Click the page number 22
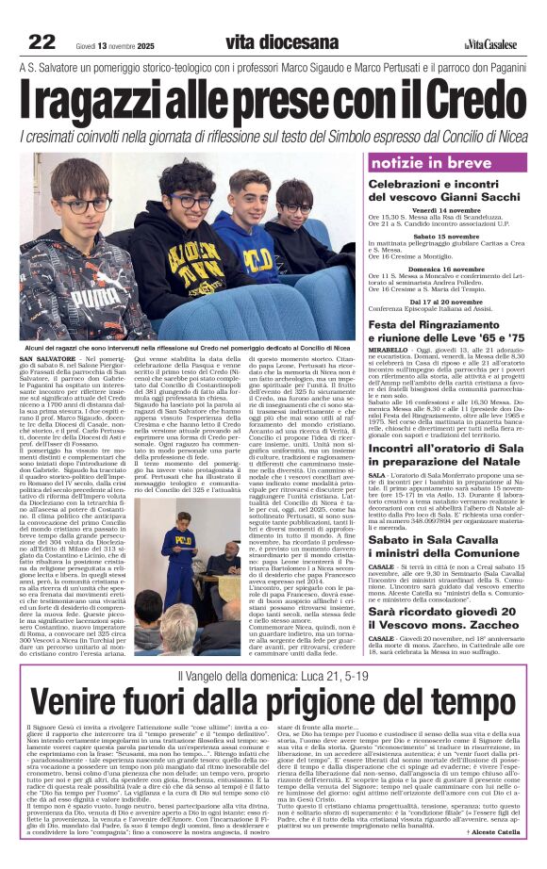click(41, 41)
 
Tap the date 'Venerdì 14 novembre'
click(448, 210)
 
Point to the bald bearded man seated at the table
click(231, 558)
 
